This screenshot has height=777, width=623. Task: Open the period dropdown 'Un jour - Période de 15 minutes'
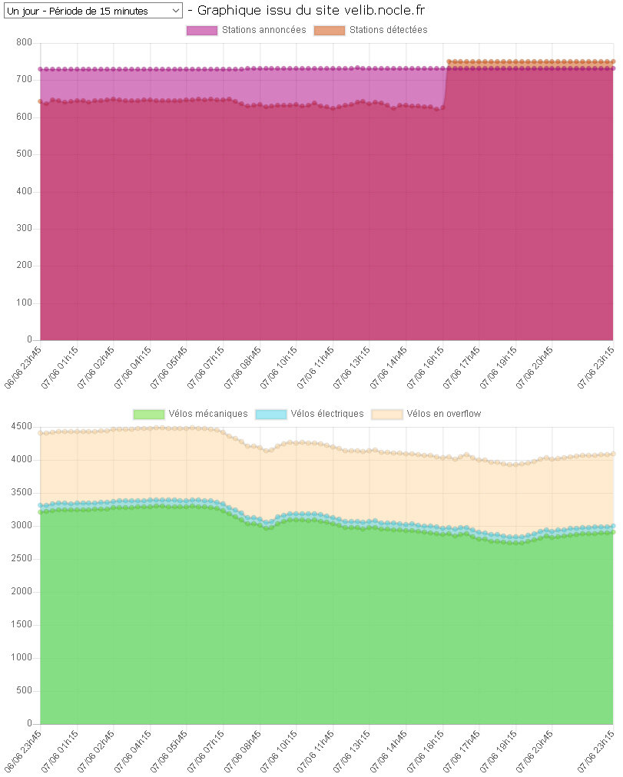(93, 11)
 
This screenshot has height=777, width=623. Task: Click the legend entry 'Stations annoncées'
(246, 30)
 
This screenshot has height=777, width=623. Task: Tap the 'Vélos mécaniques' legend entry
(191, 414)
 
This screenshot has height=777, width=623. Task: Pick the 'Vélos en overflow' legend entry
(426, 414)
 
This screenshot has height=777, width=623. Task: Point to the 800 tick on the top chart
(23, 43)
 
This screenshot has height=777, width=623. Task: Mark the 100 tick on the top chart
(23, 303)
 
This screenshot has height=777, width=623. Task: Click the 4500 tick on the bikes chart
(21, 427)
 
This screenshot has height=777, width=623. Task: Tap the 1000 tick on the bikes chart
(21, 658)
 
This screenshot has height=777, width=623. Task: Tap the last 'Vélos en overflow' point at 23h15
(613, 454)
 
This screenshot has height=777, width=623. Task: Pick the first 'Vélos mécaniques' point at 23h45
(41, 512)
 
